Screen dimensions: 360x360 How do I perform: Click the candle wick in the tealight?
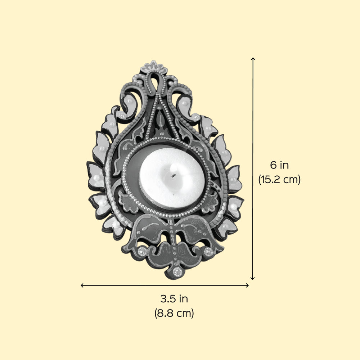tap(174, 176)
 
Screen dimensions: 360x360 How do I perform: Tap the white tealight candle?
tap(172, 178)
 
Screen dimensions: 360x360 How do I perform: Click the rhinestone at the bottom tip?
tap(177, 272)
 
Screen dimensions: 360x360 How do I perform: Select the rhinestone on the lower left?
tap(142, 252)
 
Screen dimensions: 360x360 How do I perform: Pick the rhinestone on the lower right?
tap(208, 252)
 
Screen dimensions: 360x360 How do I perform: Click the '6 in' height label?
tap(279, 165)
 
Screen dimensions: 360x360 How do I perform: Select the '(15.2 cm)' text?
tap(279, 179)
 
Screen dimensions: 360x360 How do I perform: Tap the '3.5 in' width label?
tap(174, 299)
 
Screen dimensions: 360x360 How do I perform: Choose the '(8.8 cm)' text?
tap(174, 313)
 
